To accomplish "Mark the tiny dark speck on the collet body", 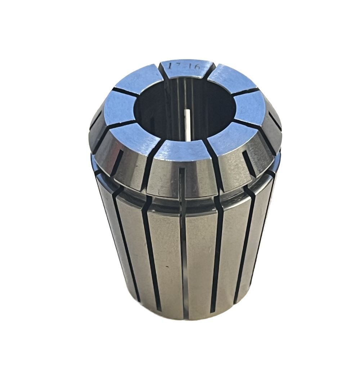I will tap(167, 267).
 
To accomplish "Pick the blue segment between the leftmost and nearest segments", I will tap(135, 137).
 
